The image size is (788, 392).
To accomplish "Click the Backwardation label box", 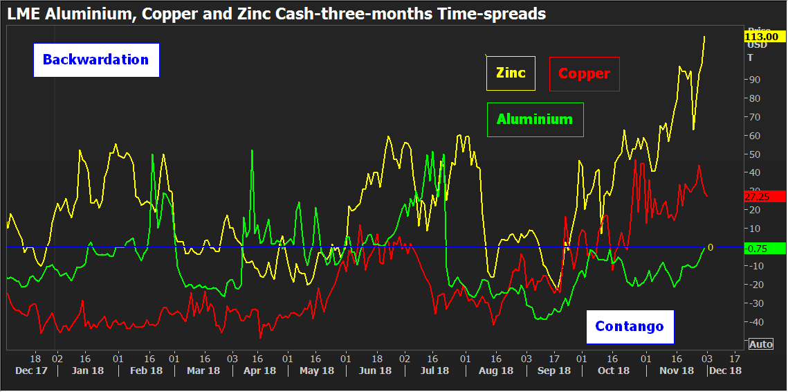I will (96, 60).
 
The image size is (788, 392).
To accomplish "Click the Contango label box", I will (630, 326).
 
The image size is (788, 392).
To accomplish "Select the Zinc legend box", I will (511, 73).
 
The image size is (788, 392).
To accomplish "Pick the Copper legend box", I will (584, 73).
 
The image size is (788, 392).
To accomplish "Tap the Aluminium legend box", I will (535, 119).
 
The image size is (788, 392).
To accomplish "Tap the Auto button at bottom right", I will (760, 344).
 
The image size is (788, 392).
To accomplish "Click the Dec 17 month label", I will (30, 371).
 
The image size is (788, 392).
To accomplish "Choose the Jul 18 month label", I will (434, 371).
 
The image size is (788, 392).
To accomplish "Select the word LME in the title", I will (21, 14).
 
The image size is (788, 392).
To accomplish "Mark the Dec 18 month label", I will (725, 371).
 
